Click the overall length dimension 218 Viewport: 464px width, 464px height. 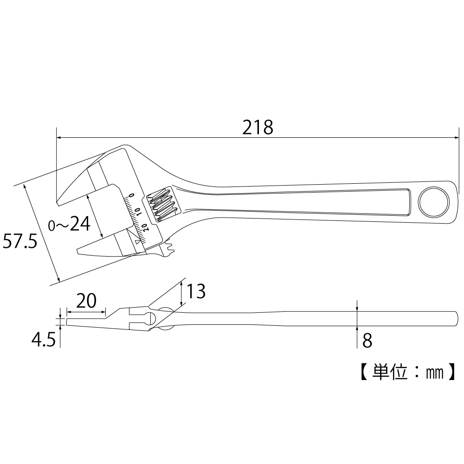(x=258, y=127)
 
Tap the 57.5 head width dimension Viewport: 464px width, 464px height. (x=19, y=242)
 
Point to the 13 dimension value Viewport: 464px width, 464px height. (x=196, y=292)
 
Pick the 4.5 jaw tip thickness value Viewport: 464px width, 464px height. (x=43, y=340)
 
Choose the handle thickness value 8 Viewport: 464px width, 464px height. (x=367, y=341)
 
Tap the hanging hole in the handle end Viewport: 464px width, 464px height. (x=434, y=202)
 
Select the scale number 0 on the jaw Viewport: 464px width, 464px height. (x=132, y=195)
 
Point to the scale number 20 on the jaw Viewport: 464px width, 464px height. (x=145, y=227)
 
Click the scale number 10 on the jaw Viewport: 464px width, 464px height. (x=139, y=211)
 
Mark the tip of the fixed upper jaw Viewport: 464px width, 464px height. (x=57, y=202)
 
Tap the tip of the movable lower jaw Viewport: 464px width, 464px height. (x=77, y=251)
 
